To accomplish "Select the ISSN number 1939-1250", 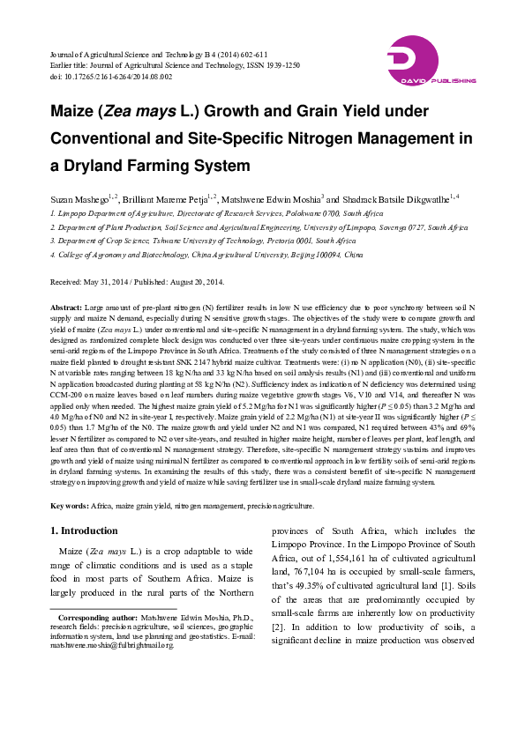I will pyautogui.click(x=280, y=66).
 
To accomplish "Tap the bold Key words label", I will pyautogui.click(x=69, y=507).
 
